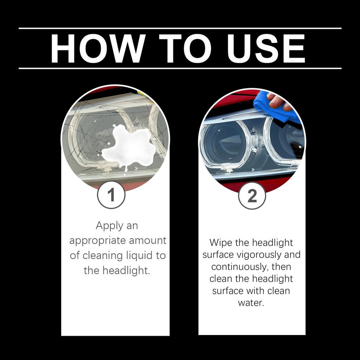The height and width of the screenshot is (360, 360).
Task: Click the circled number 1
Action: [x=111, y=195]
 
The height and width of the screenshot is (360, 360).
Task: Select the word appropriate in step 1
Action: [x=97, y=241]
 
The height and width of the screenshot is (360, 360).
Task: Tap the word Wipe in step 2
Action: [x=222, y=243]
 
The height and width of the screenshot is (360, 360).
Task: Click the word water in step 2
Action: [x=251, y=303]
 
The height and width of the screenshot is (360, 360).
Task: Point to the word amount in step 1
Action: [x=148, y=241]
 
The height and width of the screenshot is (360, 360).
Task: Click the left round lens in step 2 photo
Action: [x=225, y=142]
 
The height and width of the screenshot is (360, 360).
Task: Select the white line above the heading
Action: [x=180, y=28]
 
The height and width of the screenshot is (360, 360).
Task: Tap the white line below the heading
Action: [x=180, y=68]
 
